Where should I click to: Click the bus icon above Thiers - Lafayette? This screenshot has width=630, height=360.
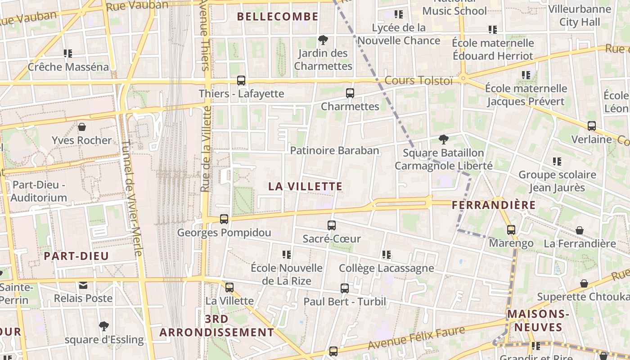241,81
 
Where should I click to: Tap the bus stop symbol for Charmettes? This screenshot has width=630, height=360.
350,93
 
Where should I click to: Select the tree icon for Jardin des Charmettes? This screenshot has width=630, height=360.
323,40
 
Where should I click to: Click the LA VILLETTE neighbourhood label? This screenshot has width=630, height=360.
306,186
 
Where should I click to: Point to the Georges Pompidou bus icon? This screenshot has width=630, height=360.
224,219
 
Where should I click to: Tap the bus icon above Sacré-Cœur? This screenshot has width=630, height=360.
332,225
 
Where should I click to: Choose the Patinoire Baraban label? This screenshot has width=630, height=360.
334,150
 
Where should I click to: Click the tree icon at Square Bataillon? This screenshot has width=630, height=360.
443,139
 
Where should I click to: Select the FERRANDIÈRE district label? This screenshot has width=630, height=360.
494,205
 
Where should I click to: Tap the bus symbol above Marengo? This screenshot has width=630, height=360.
511,230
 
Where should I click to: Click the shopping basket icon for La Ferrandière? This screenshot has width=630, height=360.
580,230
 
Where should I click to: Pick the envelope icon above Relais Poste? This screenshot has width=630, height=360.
83,285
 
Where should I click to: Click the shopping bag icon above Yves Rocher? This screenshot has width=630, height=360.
82,127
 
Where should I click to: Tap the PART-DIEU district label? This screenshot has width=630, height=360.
76,256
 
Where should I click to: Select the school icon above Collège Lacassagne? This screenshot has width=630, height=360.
386,255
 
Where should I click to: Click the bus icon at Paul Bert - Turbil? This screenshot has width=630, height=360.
345,288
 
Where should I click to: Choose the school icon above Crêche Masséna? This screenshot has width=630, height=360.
68,54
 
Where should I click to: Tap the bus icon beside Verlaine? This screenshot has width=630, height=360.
592,126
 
